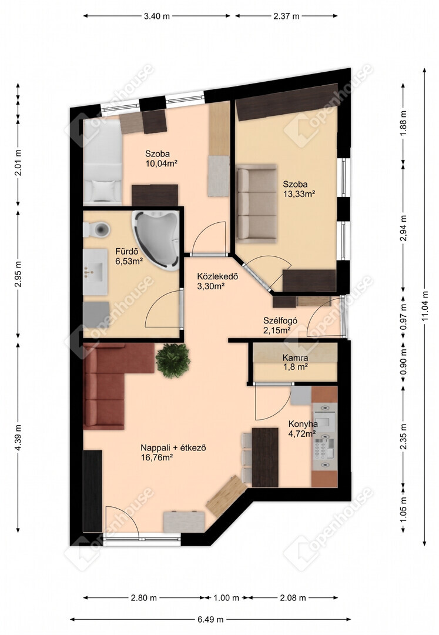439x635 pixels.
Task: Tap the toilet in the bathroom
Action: point(97,229)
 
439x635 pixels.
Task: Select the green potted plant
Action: point(173,360)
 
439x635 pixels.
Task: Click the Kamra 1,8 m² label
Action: point(296,362)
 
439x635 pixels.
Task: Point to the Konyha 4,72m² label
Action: point(303,429)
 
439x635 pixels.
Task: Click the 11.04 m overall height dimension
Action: point(424,307)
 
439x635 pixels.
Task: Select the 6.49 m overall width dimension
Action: point(210,619)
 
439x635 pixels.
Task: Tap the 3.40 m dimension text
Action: point(157,16)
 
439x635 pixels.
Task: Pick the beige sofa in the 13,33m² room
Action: point(257,203)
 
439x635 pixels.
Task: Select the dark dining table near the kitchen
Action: point(265,457)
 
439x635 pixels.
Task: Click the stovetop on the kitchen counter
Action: point(324,447)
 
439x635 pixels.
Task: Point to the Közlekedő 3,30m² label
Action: point(217,282)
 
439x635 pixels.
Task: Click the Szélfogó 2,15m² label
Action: point(280,325)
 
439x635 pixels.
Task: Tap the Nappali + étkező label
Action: point(173,448)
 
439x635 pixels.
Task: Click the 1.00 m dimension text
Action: point(226,598)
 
